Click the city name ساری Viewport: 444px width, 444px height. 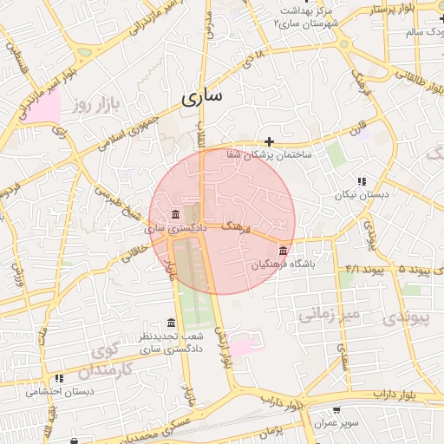pos(202,97)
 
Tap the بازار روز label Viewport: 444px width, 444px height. pos(95,106)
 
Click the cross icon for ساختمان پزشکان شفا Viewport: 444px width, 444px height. pos(270,141)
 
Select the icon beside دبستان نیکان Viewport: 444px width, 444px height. pos(362,181)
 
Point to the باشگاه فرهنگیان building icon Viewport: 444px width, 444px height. pos(283,251)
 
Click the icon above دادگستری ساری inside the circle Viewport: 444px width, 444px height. pos(176,214)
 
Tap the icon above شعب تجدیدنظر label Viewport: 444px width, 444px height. pos(171,323)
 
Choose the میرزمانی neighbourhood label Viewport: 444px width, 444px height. pos(329,314)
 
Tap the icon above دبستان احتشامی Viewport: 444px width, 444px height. pos(59,379)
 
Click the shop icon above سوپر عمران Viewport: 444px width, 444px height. pos(336,410)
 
